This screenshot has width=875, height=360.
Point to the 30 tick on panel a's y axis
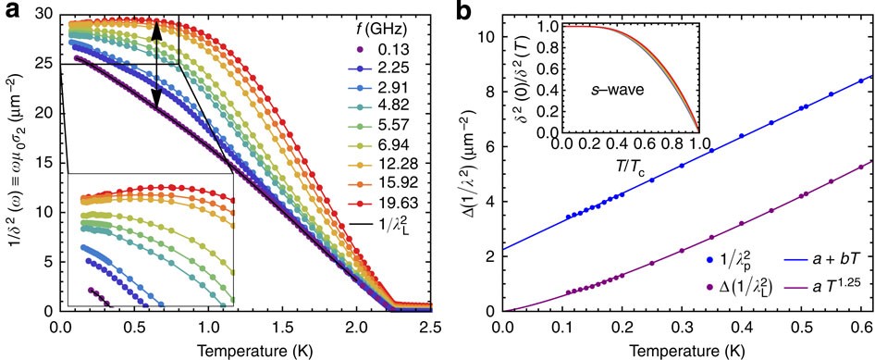click(43, 15)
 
